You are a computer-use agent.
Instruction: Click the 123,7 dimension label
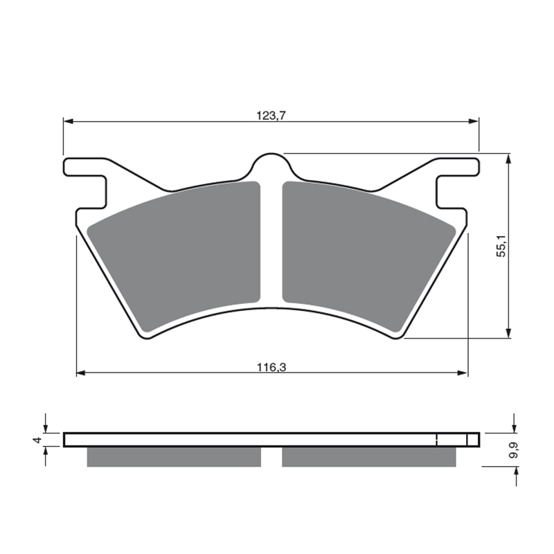[x=271, y=116]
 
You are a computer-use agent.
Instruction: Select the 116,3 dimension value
[x=271, y=368]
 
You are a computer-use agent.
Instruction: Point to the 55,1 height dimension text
[x=501, y=246]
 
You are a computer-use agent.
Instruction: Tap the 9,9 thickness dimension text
[x=514, y=450]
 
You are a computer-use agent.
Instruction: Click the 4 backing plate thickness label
[x=37, y=440]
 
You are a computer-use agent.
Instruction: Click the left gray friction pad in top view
[x=174, y=257]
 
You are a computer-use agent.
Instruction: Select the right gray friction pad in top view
[x=369, y=257]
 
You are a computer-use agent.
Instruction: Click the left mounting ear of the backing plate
[x=84, y=183]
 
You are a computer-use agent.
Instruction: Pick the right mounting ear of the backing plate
[x=458, y=183]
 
